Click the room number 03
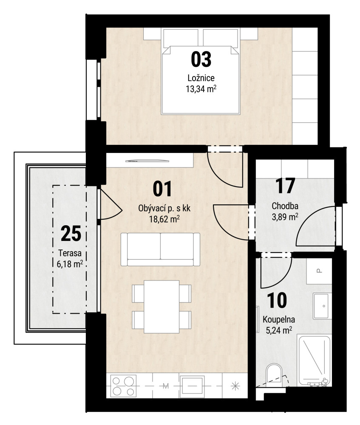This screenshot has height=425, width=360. point(201,59)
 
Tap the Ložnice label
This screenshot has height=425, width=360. point(201,78)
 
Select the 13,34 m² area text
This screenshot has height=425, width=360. point(201,89)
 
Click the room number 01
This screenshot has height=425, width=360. point(162,189)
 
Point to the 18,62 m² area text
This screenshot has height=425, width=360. point(164,219)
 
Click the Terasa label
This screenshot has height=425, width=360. point(70,253)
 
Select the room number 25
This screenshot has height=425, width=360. point(71,233)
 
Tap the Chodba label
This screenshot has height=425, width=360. point(285,206)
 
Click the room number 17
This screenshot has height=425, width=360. point(285,186)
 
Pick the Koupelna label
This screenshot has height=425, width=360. point(279,320)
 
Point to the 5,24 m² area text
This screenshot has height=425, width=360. point(279,330)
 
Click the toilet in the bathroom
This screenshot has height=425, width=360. point(274,373)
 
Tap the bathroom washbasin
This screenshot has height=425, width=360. point(322,306)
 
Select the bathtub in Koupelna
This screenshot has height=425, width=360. point(314,360)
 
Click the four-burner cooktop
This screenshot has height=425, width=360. point(123,386)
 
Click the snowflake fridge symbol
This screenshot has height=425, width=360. point(235,385)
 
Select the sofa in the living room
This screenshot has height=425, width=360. point(160,249)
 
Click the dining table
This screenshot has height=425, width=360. point(162,306)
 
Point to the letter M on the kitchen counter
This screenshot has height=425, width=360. point(166,386)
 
